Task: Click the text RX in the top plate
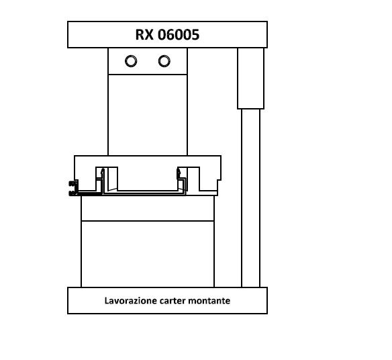tap(144, 34)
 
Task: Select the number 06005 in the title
tap(179, 34)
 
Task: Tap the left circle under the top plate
tap(131, 61)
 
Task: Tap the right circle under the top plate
tap(164, 61)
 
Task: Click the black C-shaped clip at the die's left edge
tap(73, 188)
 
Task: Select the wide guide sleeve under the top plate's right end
tap(250, 79)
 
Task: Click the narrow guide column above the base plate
tap(251, 198)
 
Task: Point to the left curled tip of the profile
tap(102, 172)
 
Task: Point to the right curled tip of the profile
tap(179, 172)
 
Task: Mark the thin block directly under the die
tap(148, 208)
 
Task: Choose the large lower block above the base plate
tap(148, 254)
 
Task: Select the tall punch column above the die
tap(148, 115)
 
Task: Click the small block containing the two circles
tap(148, 61)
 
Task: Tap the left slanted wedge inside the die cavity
tap(113, 179)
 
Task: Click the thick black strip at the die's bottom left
tap(89, 193)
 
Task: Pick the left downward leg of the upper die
tap(99, 179)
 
